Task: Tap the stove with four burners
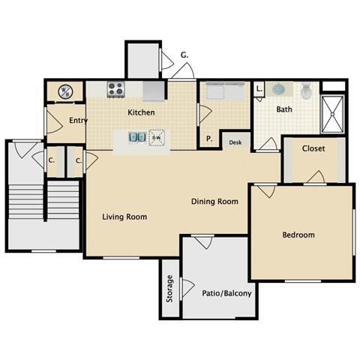pos(115,89)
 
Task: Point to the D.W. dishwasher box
pos(157,138)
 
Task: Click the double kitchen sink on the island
pos(137,138)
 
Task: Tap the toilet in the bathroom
pos(306,91)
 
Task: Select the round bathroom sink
pos(279,89)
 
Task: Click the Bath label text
pos(284,109)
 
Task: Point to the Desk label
pos(235,142)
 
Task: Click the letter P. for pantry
pos(208,139)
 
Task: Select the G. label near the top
pos(184,55)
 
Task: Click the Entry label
pos(78,121)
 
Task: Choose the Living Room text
pos(124,217)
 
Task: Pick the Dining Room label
pos(214,201)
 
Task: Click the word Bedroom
pos(298,235)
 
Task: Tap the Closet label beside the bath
pos(313,148)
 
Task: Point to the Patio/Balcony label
pos(226,293)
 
